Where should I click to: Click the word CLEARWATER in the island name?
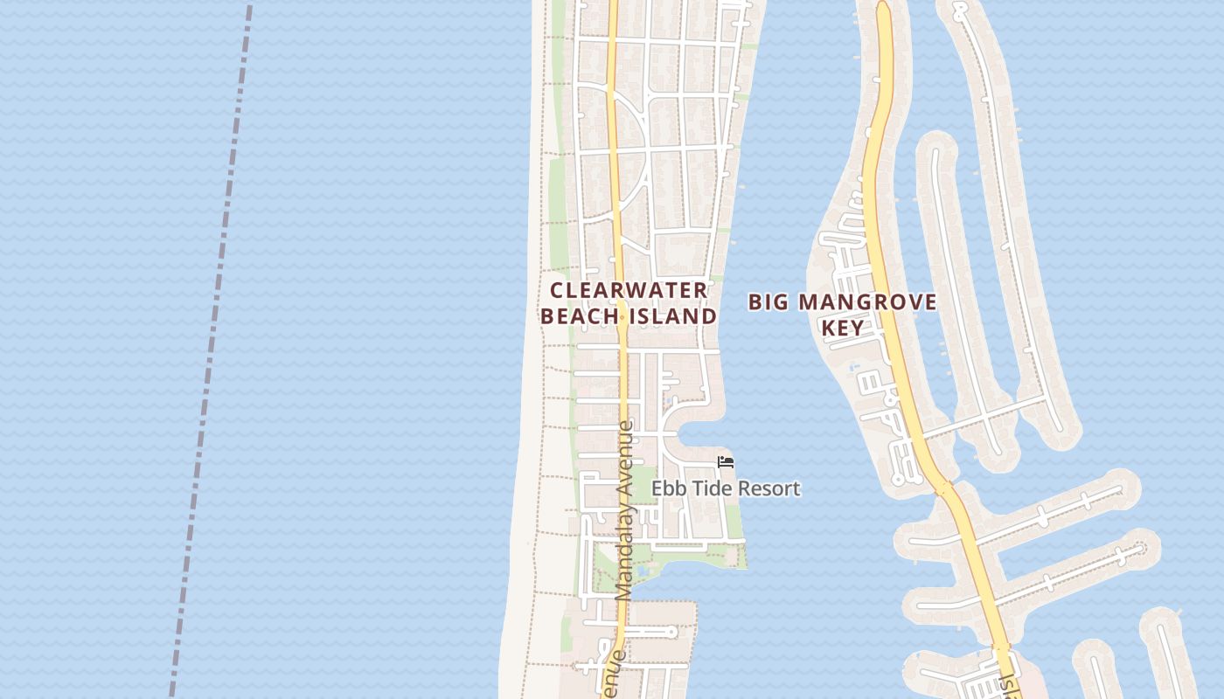click(x=629, y=290)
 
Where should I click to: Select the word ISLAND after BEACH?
click(x=673, y=316)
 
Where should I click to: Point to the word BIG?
click(x=768, y=303)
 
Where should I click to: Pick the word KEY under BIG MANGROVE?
click(x=843, y=329)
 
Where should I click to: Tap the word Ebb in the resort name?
click(x=669, y=488)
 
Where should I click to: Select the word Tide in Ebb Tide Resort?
click(x=714, y=488)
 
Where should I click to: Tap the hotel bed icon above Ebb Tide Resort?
click(x=725, y=462)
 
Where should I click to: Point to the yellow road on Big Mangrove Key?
click(x=883, y=218)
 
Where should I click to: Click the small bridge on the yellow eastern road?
click(x=942, y=488)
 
